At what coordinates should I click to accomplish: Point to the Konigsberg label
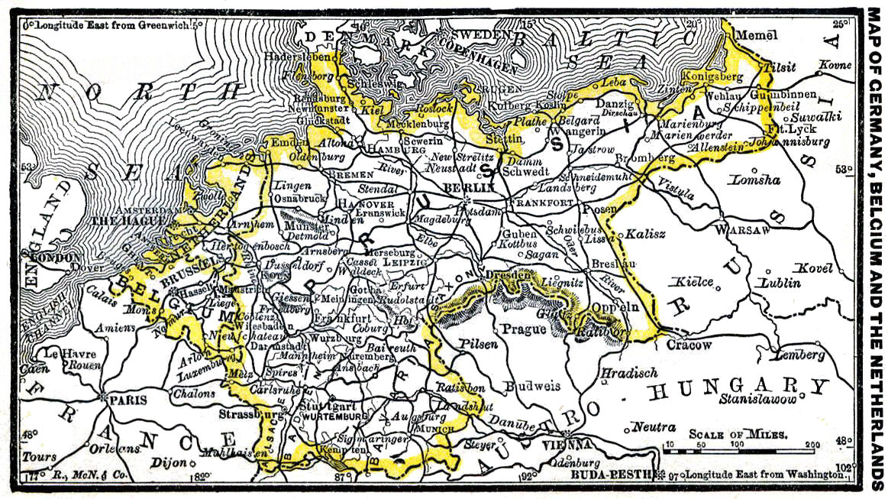click(710, 77)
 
